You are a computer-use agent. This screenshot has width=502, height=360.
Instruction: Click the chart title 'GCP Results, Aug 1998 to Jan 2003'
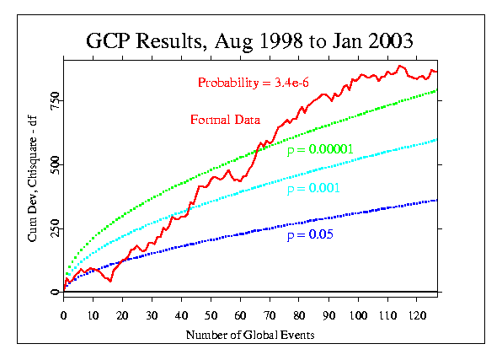pyautogui.click(x=249, y=41)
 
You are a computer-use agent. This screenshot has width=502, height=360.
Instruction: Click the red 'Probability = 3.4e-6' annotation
pyautogui.click(x=254, y=83)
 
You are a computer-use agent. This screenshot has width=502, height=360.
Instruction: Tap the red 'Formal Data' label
pyautogui.click(x=226, y=120)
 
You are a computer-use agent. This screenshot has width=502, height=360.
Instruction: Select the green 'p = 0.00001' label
pyautogui.click(x=320, y=150)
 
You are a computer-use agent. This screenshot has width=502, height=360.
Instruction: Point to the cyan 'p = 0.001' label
pyautogui.click(x=313, y=188)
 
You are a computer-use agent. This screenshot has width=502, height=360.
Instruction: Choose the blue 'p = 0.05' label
pyautogui.click(x=310, y=234)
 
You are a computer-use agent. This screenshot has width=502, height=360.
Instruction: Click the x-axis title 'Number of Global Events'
pyautogui.click(x=250, y=335)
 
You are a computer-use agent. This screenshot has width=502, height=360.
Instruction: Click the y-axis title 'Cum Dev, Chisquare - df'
pyautogui.click(x=32, y=179)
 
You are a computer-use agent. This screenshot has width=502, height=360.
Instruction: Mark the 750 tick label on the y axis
pyautogui.click(x=55, y=100)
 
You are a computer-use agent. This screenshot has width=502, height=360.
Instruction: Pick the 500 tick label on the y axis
pyautogui.click(x=55, y=164)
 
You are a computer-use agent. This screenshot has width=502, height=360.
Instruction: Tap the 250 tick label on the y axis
pyautogui.click(x=55, y=228)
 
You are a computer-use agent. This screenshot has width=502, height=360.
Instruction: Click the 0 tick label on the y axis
pyautogui.click(x=55, y=292)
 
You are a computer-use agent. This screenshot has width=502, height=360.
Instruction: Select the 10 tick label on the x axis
pyautogui.click(x=93, y=316)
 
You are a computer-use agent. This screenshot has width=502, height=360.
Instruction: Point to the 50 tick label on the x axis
pyautogui.click(x=211, y=316)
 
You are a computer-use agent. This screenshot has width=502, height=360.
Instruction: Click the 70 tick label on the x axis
pyautogui.click(x=270, y=316)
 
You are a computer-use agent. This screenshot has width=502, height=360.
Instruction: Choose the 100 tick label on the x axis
pyautogui.click(x=358, y=316)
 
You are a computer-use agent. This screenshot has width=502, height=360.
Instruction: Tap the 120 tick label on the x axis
pyautogui.click(x=417, y=316)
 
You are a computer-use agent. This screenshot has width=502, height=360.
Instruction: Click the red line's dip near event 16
pyautogui.click(x=110, y=281)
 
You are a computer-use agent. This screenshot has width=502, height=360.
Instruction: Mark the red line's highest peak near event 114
pyautogui.click(x=399, y=66)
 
